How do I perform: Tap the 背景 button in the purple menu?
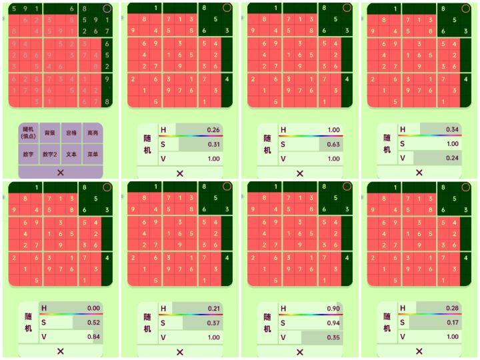tap(49, 133)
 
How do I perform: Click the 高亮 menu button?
tap(93, 133)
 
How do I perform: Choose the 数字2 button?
tap(49, 154)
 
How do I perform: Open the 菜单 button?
tap(93, 154)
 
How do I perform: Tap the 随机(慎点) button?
tap(28, 133)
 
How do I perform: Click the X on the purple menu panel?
tap(60, 172)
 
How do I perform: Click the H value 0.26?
tap(213, 130)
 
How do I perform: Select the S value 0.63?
tap(333, 144)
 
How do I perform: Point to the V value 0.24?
tap(453, 159)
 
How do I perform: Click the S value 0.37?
tap(213, 323)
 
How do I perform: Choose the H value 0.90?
tap(333, 309)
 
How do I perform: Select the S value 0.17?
tap(453, 323)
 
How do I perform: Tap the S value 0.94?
tap(333, 323)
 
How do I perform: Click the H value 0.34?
tap(453, 129)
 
